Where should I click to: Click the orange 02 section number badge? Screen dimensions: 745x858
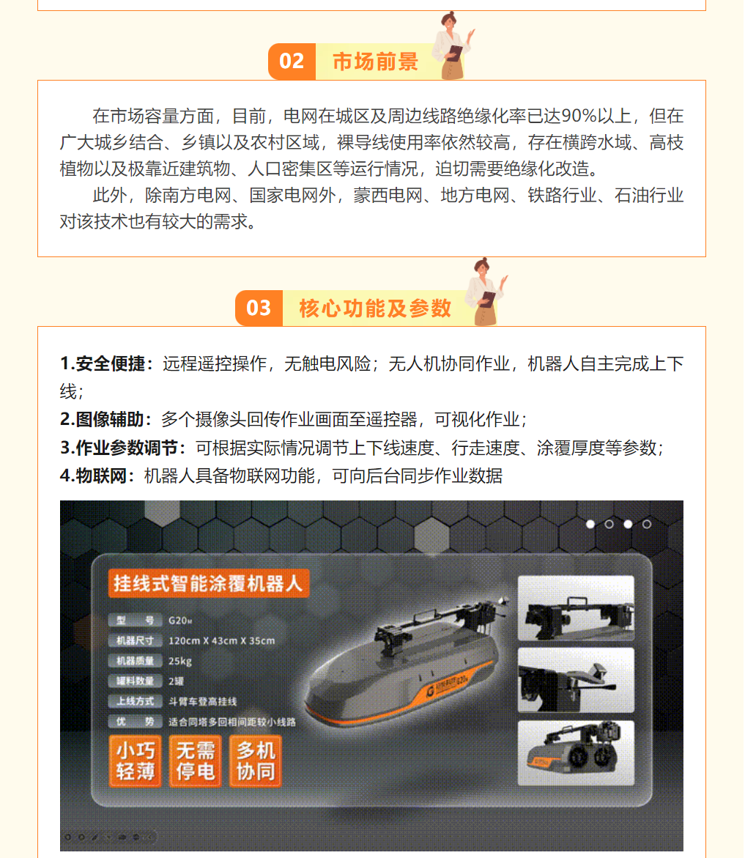(292, 62)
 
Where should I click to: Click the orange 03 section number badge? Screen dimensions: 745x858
(259, 308)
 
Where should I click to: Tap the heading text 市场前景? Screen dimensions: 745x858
(375, 62)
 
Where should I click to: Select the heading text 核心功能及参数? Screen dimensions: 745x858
(374, 308)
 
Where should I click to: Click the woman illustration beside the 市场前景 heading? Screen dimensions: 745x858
(452, 45)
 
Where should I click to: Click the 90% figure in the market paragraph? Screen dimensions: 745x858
(579, 116)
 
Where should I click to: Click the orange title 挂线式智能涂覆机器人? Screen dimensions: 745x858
(208, 583)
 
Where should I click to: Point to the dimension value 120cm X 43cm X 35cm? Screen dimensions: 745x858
(221, 641)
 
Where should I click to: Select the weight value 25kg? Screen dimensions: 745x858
(180, 661)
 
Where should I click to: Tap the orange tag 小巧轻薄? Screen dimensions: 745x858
(136, 761)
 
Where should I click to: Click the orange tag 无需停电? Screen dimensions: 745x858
(196, 761)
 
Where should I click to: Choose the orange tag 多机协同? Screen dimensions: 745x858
(256, 761)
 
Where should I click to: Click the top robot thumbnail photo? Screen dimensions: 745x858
(576, 608)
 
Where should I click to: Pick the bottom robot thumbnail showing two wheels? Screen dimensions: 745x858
(576, 753)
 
